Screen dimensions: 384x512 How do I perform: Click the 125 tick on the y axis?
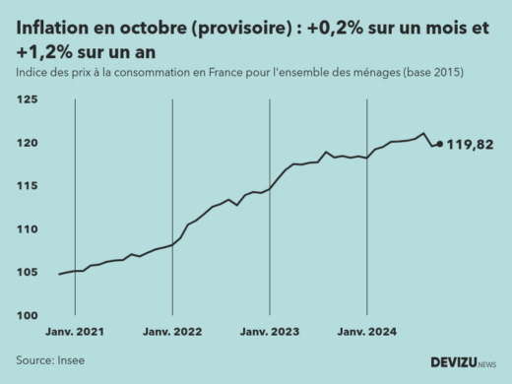point(28,100)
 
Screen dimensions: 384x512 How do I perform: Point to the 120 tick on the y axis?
point(28,144)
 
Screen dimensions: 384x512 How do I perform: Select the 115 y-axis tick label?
point(28,186)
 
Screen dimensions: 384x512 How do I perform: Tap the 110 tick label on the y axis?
point(28,229)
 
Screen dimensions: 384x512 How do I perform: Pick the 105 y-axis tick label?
point(28,273)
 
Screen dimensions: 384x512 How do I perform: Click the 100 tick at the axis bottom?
point(28,315)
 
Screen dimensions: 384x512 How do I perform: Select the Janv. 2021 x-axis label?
point(76,333)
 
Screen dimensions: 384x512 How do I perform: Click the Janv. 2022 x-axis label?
point(172,333)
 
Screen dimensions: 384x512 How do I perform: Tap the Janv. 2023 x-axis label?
point(270,333)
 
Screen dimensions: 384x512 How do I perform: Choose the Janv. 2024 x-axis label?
point(366,333)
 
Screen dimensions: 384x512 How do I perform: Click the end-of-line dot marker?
point(439,144)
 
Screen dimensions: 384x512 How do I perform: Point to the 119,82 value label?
point(471,145)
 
